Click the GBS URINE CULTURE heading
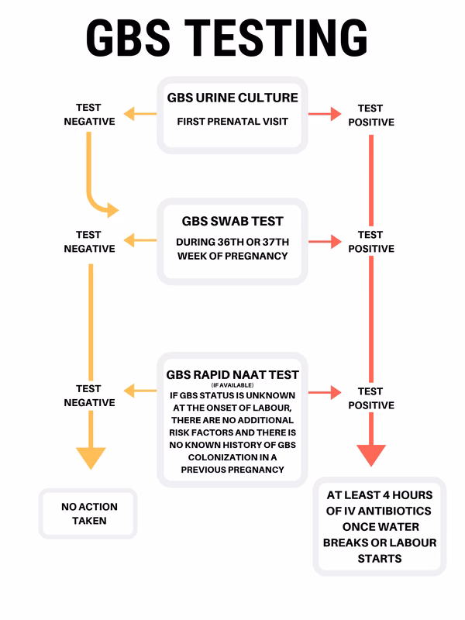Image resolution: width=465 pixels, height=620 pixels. pyautogui.click(x=232, y=98)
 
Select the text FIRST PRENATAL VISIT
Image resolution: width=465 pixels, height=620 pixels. pyautogui.click(x=232, y=122)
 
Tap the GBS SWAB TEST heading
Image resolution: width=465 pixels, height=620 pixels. pyautogui.click(x=232, y=221)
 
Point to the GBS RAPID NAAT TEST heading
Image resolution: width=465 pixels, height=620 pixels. pyautogui.click(x=232, y=374)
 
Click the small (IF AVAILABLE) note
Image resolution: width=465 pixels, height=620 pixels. pyautogui.click(x=232, y=385)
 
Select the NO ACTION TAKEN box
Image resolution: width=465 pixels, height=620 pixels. pyautogui.click(x=89, y=514)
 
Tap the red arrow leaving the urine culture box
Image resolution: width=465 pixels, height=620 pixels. pyautogui.click(x=325, y=115)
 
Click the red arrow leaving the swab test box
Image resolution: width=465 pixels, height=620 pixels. pyautogui.click(x=325, y=241)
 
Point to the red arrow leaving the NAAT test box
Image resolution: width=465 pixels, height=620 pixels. pyautogui.click(x=325, y=392)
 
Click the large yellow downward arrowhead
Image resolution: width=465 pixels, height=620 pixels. pyautogui.click(x=90, y=457)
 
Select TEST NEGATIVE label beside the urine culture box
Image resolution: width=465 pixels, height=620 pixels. pyautogui.click(x=89, y=115)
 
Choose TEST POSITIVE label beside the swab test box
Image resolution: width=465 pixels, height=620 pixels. pyautogui.click(x=370, y=241)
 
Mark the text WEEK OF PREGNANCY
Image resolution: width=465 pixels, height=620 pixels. pyautogui.click(x=232, y=256)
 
